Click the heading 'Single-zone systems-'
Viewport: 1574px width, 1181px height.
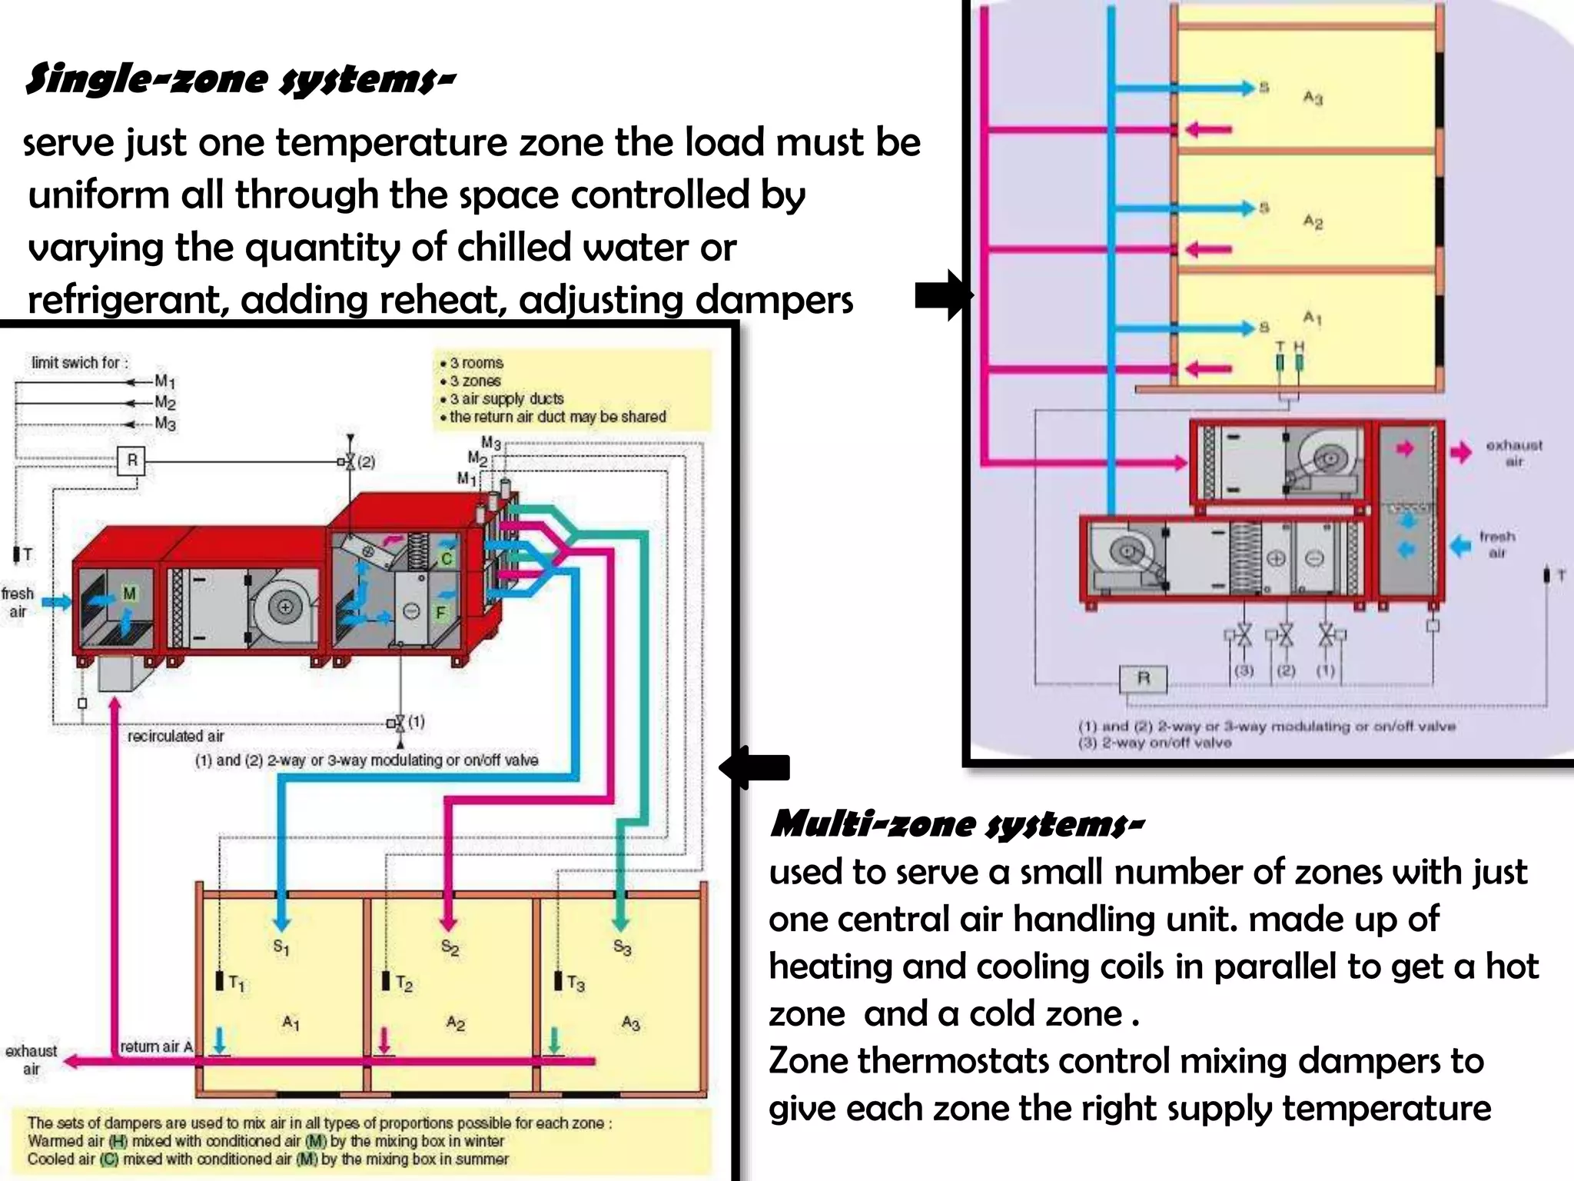[x=240, y=80]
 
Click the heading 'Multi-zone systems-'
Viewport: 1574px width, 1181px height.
[x=956, y=824]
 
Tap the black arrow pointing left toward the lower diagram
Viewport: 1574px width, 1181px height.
[x=755, y=767]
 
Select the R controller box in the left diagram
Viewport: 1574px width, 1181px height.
[x=132, y=461]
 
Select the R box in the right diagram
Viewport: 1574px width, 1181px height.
[x=1143, y=678]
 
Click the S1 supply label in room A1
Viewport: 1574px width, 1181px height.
[x=281, y=946]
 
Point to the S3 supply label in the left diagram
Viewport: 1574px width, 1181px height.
[x=622, y=948]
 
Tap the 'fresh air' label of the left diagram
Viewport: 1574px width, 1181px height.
[x=18, y=602]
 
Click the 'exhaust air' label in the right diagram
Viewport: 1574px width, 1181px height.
[x=1513, y=453]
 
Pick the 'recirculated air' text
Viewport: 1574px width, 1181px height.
[x=176, y=737]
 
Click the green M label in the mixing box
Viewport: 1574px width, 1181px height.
[x=129, y=594]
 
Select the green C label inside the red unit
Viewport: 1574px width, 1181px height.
[x=447, y=559]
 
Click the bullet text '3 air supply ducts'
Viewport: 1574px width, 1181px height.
[x=506, y=399]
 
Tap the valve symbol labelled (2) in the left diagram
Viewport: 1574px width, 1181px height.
[x=350, y=461]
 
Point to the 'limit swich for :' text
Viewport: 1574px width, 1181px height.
[x=80, y=363]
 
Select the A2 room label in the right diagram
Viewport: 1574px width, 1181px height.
[x=1313, y=222]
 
